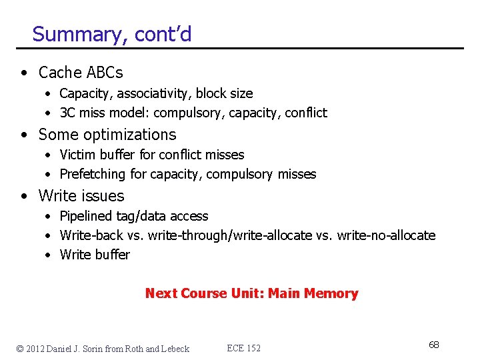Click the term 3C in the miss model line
(x=68, y=113)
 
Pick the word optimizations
(x=127, y=135)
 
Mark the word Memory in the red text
(x=331, y=293)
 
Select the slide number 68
(x=433, y=345)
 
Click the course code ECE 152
(x=244, y=348)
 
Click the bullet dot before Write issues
(x=24, y=197)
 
